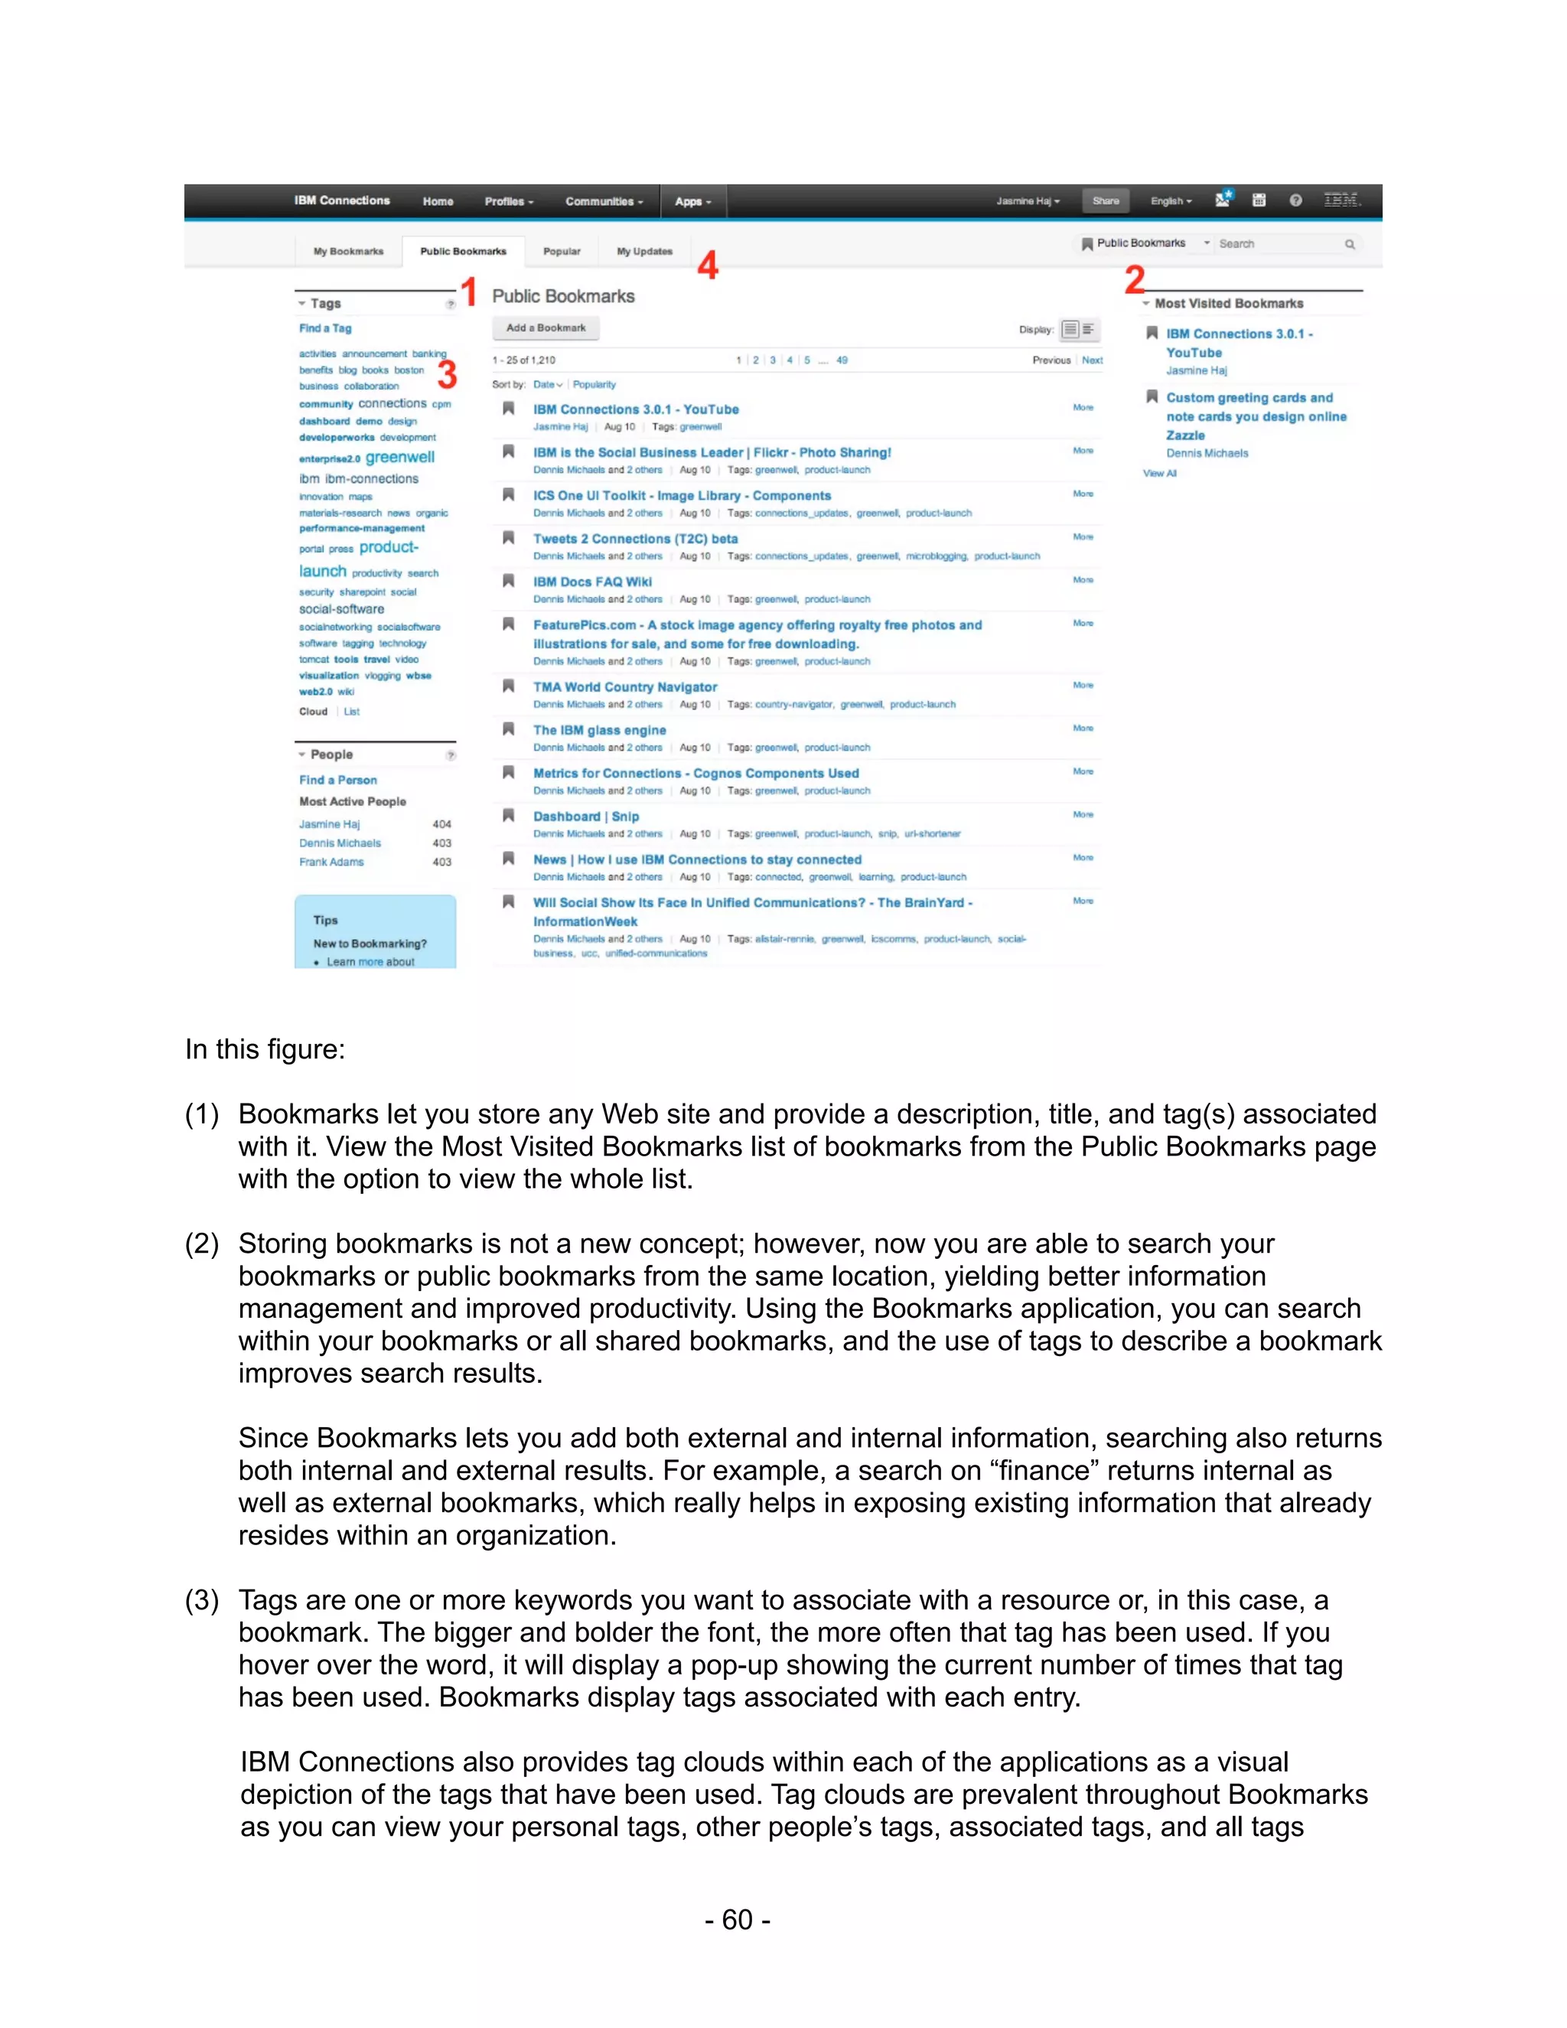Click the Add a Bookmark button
[545, 328]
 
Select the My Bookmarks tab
[348, 252]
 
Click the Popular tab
[562, 252]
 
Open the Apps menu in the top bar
[692, 201]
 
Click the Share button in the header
[1105, 201]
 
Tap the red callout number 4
[709, 266]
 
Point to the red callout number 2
[1135, 279]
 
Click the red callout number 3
[448, 375]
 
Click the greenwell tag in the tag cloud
[400, 457]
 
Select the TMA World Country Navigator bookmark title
[625, 687]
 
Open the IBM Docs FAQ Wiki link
[592, 582]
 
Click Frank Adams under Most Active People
[331, 862]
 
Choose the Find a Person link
[338, 780]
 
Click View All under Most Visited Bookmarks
[1159, 474]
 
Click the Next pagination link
[1092, 360]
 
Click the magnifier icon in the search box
[1350, 244]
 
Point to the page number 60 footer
[737, 1919]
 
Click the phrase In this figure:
[265, 1049]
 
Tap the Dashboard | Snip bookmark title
[586, 817]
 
